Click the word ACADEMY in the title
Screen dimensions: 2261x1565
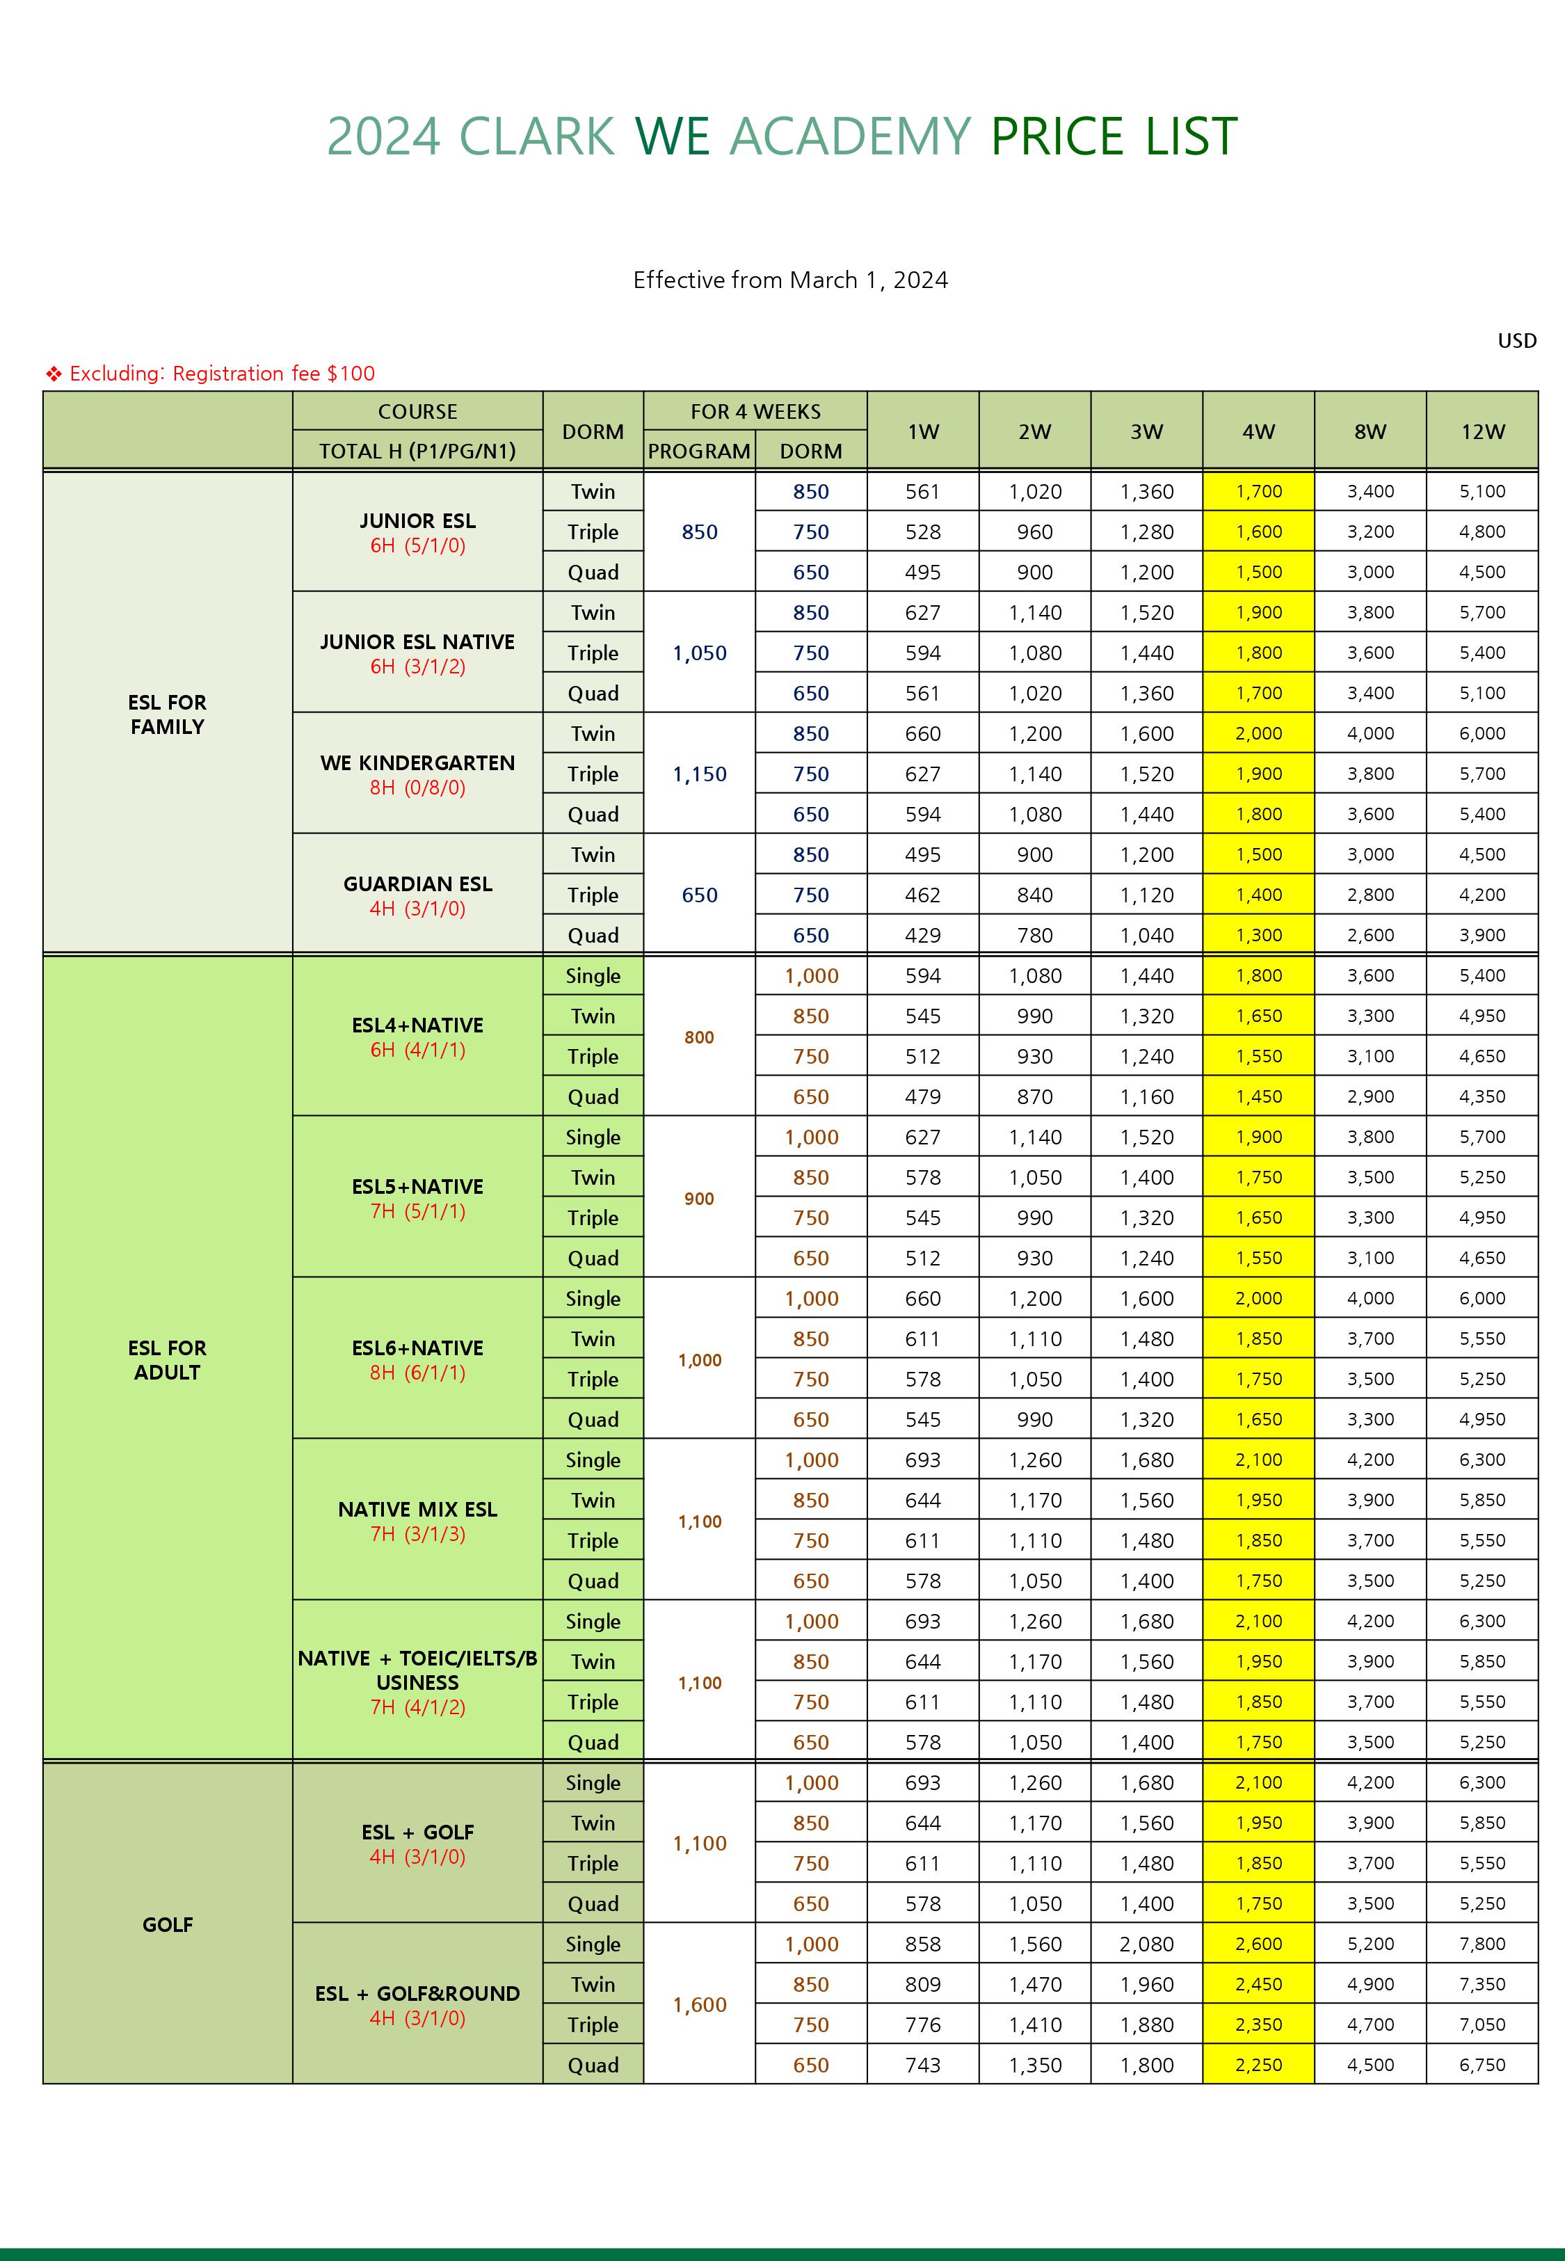tap(850, 136)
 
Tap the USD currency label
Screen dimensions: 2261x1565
tap(1516, 340)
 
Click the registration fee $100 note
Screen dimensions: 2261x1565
tap(222, 374)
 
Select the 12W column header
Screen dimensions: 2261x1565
tap(1482, 431)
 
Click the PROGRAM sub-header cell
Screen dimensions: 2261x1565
tap(698, 451)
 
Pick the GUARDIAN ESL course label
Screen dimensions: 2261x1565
tap(418, 884)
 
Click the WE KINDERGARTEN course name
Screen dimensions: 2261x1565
tap(418, 762)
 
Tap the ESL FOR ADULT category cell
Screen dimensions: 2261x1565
tap(168, 1359)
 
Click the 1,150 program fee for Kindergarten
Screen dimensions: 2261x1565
tap(699, 774)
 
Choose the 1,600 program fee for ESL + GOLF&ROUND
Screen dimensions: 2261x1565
tap(699, 2005)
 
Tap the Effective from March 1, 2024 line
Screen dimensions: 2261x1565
tap(790, 280)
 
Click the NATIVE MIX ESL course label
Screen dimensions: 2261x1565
tap(418, 1509)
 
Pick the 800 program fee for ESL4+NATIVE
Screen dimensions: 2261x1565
tap(699, 1037)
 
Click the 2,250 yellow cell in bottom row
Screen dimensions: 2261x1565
tap(1258, 2065)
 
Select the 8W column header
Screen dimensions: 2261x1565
tap(1370, 431)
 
